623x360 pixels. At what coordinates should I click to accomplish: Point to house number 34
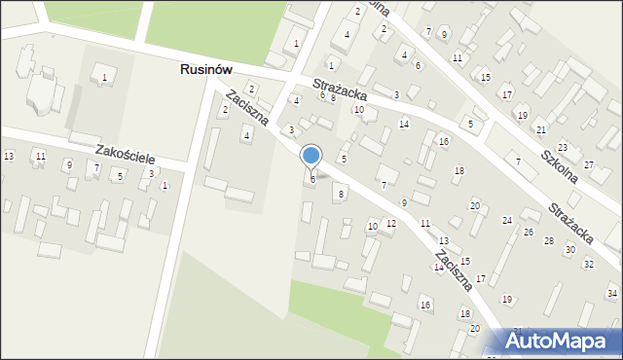tap(612, 293)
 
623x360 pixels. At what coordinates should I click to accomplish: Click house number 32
tap(588, 264)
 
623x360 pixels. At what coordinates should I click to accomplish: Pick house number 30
tap(569, 250)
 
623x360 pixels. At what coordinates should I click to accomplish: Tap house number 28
tap(549, 240)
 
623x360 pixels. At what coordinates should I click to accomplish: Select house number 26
tap(529, 232)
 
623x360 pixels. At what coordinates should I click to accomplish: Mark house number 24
tap(507, 221)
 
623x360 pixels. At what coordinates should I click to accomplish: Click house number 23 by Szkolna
tap(563, 148)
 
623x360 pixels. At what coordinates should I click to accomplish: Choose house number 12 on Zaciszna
tap(390, 224)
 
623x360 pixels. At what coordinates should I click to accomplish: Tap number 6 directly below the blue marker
tap(312, 179)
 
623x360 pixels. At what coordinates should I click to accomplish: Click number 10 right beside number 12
tap(372, 226)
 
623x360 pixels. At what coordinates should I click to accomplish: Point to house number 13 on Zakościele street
tap(9, 157)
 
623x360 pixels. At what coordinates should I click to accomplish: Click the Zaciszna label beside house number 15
tap(454, 269)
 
